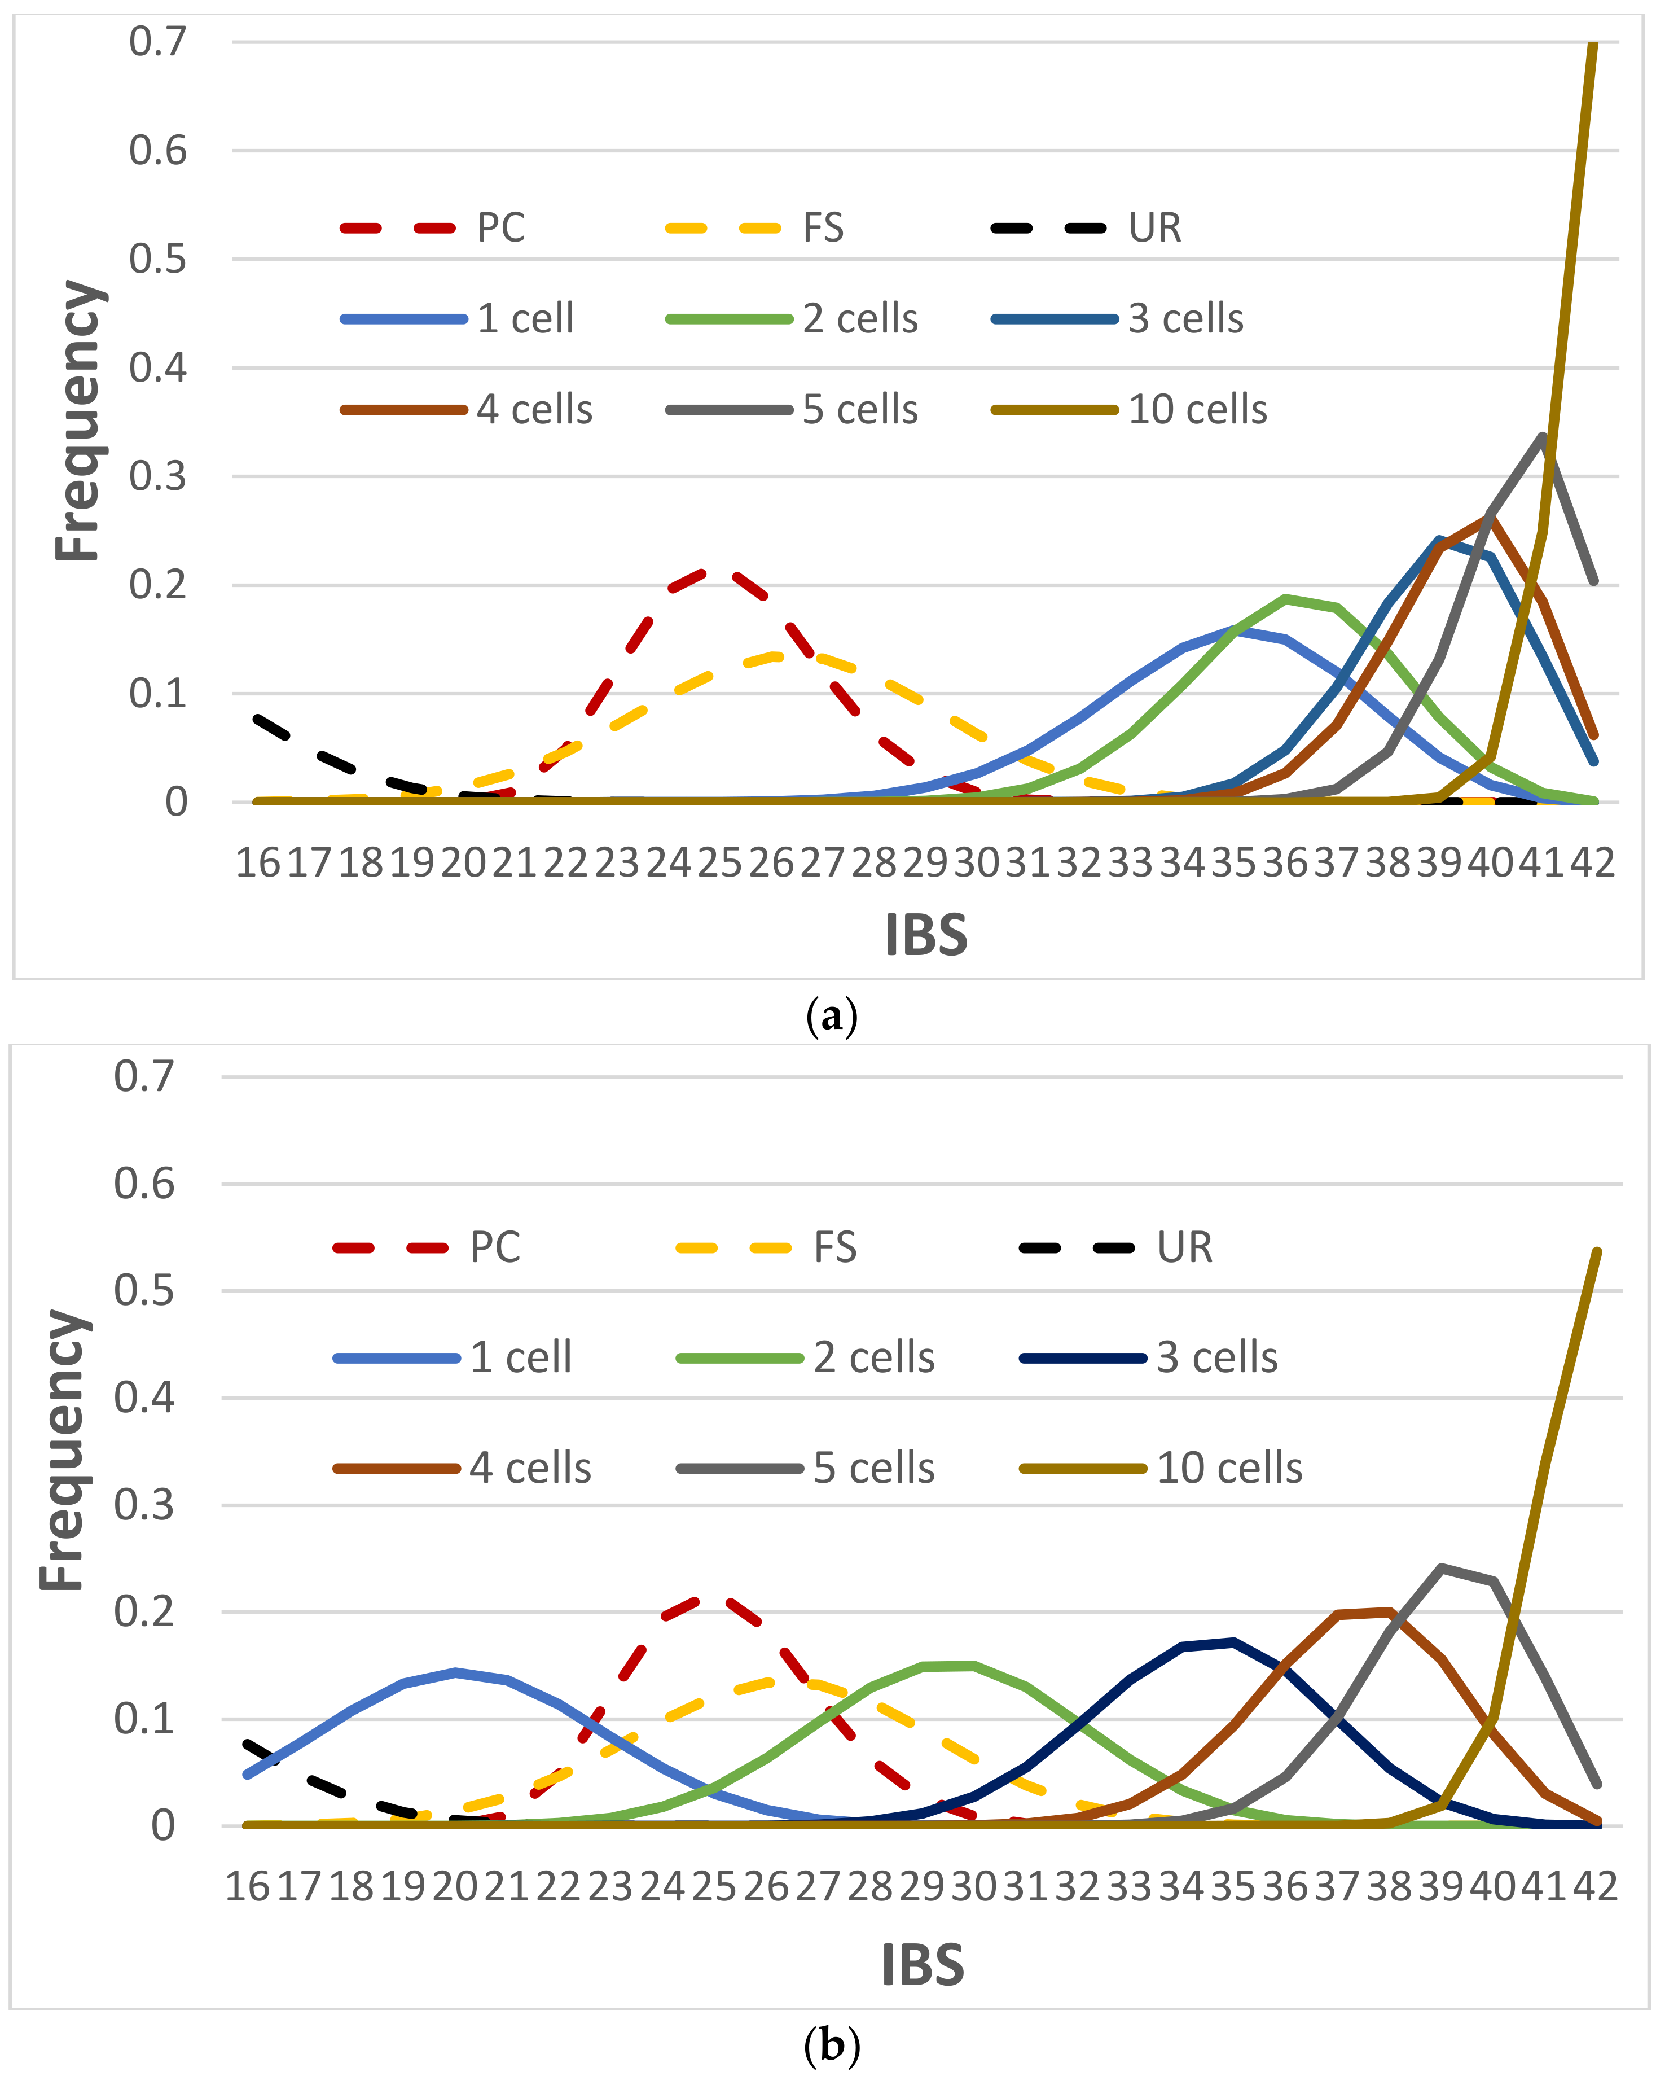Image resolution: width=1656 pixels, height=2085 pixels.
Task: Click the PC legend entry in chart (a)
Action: pyautogui.click(x=501, y=228)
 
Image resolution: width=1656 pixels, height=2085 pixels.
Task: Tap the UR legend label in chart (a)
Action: pyautogui.click(x=1154, y=228)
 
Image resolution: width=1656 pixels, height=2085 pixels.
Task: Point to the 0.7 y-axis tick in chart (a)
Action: pyautogui.click(x=157, y=42)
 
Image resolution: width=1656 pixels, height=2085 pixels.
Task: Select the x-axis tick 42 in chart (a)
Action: pyautogui.click(x=1591, y=862)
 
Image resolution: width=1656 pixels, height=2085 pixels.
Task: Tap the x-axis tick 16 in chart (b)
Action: pyautogui.click(x=248, y=1886)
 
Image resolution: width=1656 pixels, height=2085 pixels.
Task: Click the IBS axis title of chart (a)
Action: pyautogui.click(x=925, y=935)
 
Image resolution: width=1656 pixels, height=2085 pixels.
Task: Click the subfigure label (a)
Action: pyautogui.click(x=831, y=1017)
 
